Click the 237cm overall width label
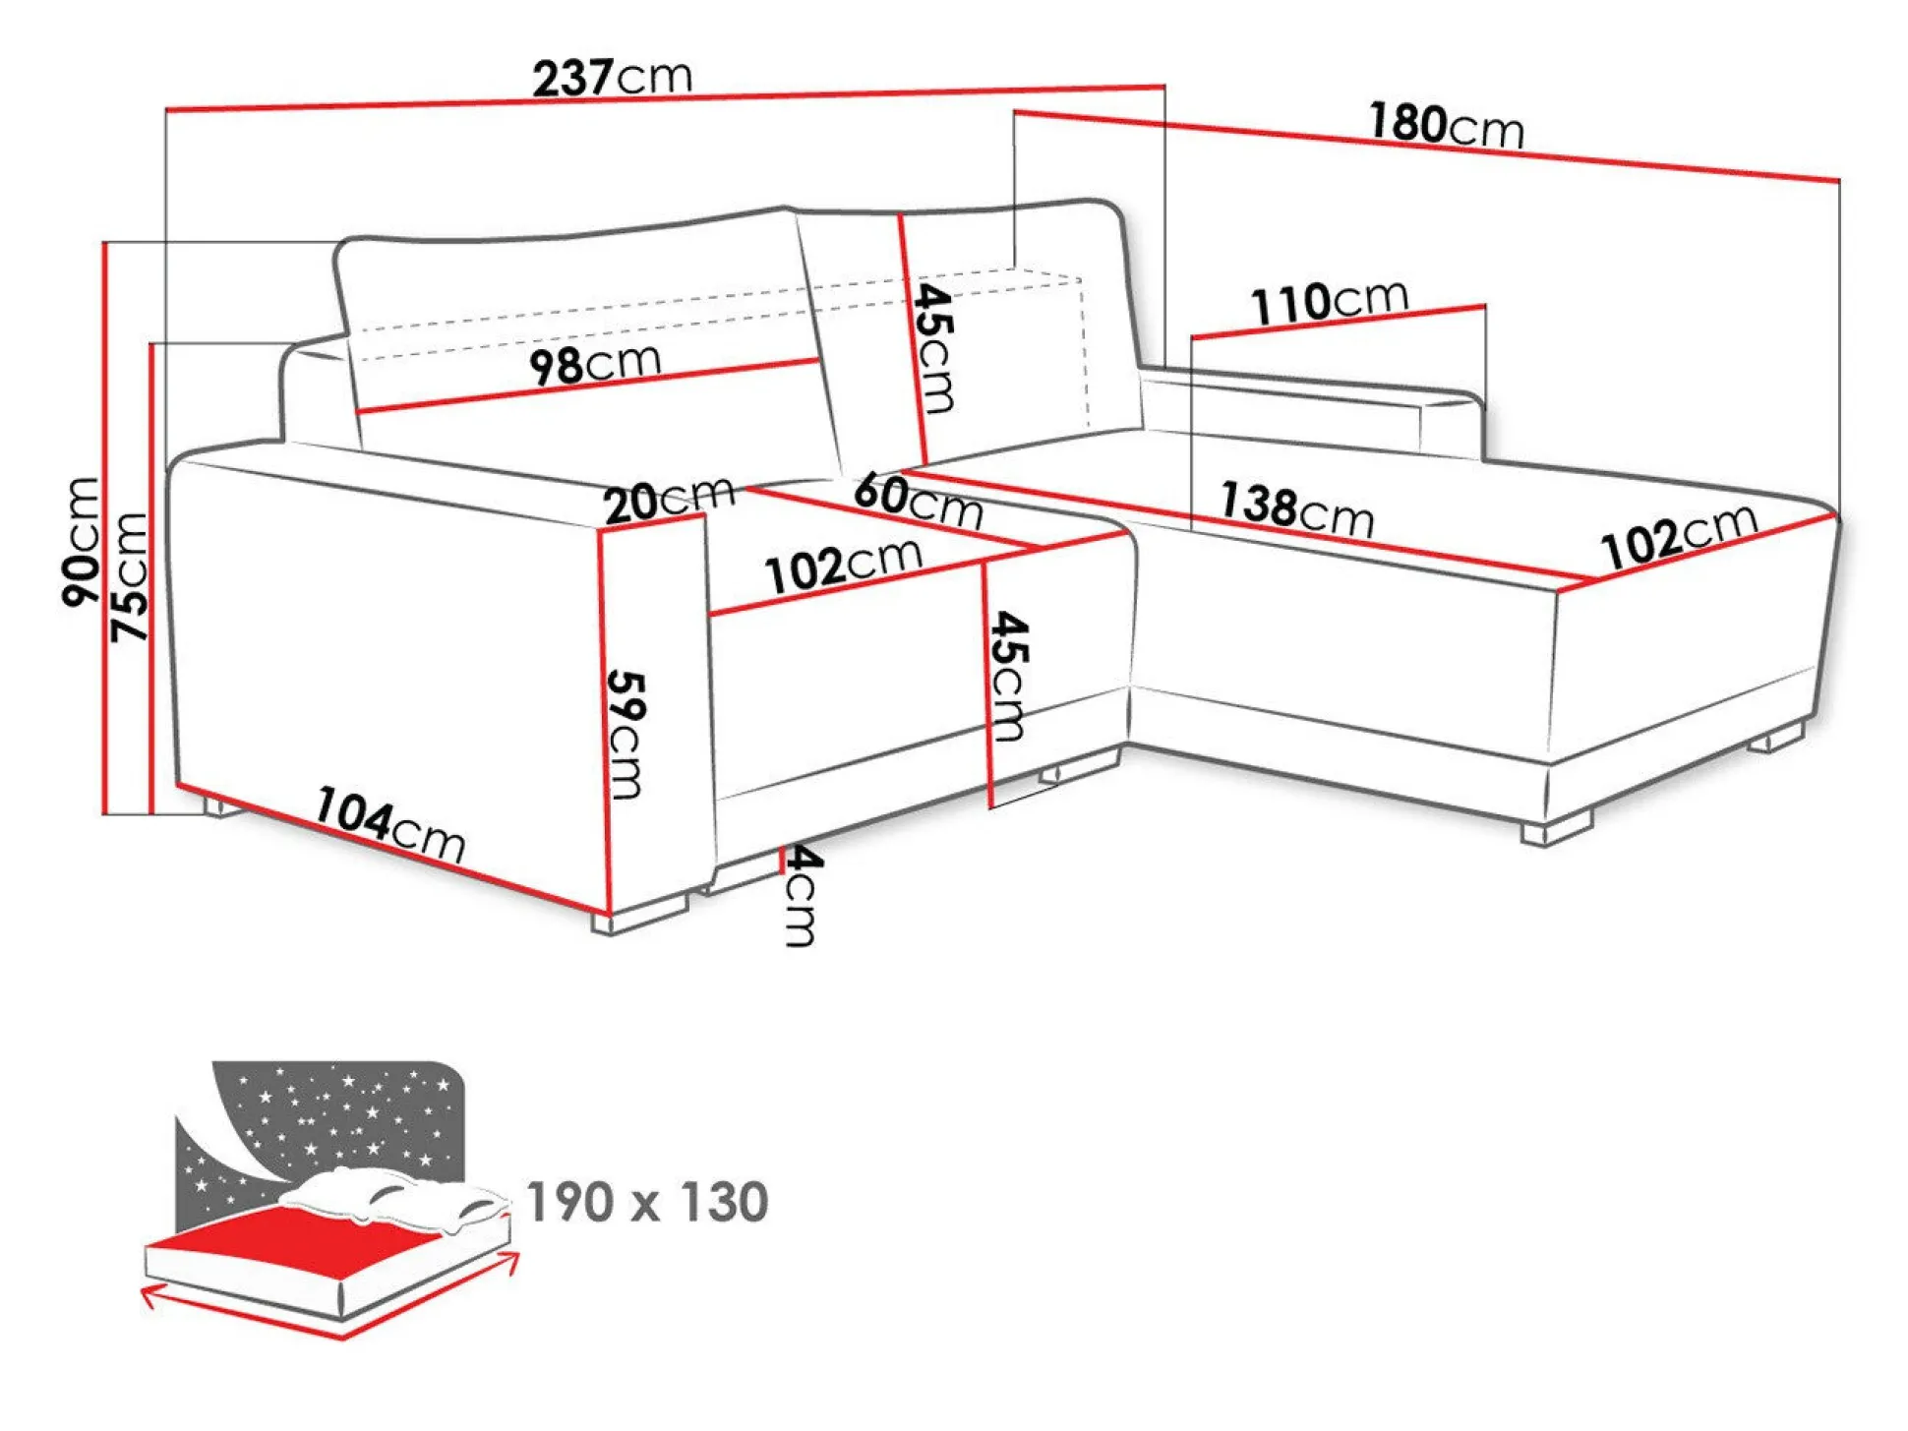click(x=612, y=78)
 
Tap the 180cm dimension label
click(x=1446, y=126)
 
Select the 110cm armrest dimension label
click(x=1329, y=301)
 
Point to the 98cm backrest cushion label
click(x=595, y=365)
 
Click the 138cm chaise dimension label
click(x=1296, y=509)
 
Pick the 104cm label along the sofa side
click(x=389, y=825)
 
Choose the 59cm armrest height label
click(x=626, y=734)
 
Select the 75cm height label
click(x=129, y=577)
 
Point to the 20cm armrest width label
click(x=669, y=501)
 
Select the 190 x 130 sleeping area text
click(x=647, y=1202)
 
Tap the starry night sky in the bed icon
click(x=344, y=1111)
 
